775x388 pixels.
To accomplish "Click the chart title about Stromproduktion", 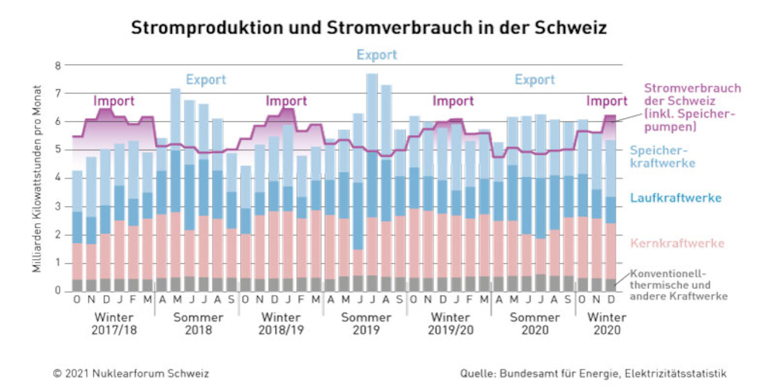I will [x=368, y=28].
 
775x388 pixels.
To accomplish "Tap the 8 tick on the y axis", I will [x=57, y=65].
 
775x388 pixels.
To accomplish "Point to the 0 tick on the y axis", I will [x=57, y=290].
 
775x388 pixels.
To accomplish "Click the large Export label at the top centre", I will [x=377, y=55].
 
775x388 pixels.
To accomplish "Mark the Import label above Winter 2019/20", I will [x=453, y=101].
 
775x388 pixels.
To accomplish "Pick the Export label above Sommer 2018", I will [x=205, y=79].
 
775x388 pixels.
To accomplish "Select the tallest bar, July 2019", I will [x=372, y=186].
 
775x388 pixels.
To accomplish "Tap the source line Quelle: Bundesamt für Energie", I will [x=593, y=372].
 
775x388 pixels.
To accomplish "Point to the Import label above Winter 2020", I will [x=607, y=101].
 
